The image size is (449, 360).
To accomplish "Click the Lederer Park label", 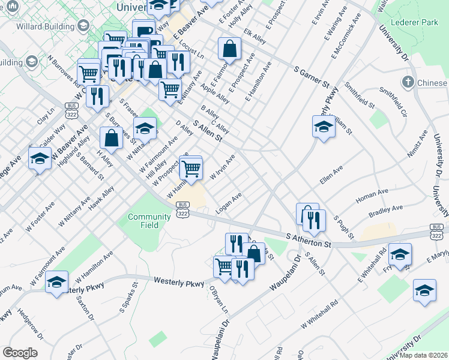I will point(414,22).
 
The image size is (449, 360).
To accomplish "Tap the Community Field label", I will point(149,221).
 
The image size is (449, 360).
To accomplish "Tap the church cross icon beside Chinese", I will point(408,82).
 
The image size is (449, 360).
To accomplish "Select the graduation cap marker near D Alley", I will point(145,128).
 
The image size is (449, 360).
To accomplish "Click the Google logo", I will point(20,353).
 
